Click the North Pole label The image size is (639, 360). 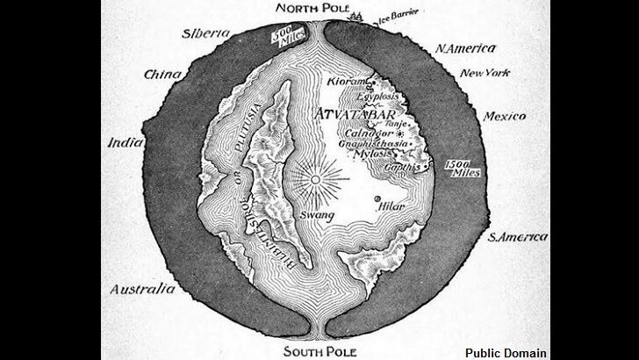coord(314,10)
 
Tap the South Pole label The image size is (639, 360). coord(316,351)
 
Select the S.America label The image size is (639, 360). coord(519,237)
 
